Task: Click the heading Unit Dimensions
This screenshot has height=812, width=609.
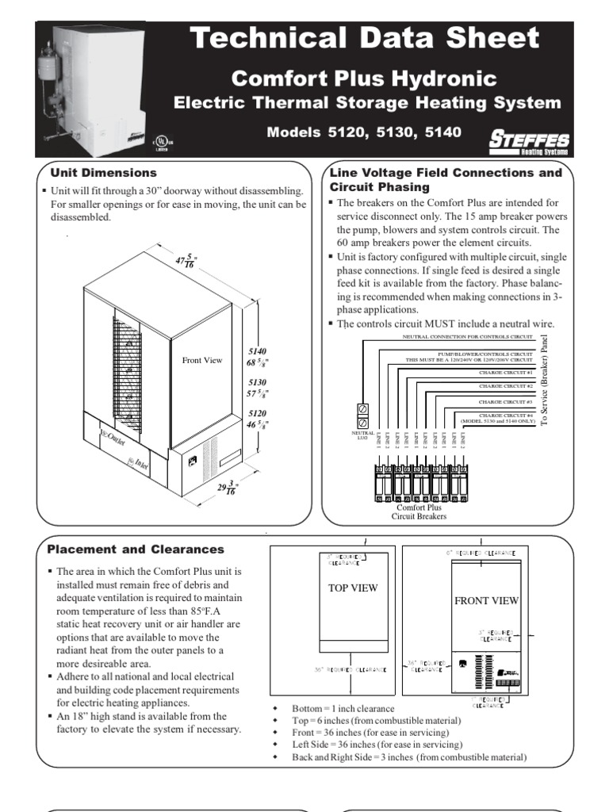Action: pos(103,172)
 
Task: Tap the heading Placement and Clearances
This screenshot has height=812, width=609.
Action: pos(136,549)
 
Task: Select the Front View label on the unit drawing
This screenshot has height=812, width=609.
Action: pos(202,360)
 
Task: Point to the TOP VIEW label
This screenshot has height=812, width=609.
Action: pos(353,588)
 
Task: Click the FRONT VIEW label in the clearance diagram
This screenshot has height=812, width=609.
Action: pos(486,600)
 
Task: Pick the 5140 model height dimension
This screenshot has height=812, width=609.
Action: pos(259,357)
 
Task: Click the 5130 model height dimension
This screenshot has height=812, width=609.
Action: pos(259,388)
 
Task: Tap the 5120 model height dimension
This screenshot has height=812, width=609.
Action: pos(259,419)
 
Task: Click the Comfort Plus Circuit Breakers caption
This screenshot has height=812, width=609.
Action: pos(419,511)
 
